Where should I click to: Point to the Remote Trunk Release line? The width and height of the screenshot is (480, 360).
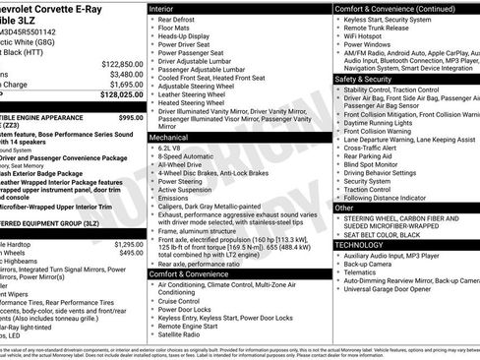381,27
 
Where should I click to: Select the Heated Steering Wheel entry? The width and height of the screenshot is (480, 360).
193,101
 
